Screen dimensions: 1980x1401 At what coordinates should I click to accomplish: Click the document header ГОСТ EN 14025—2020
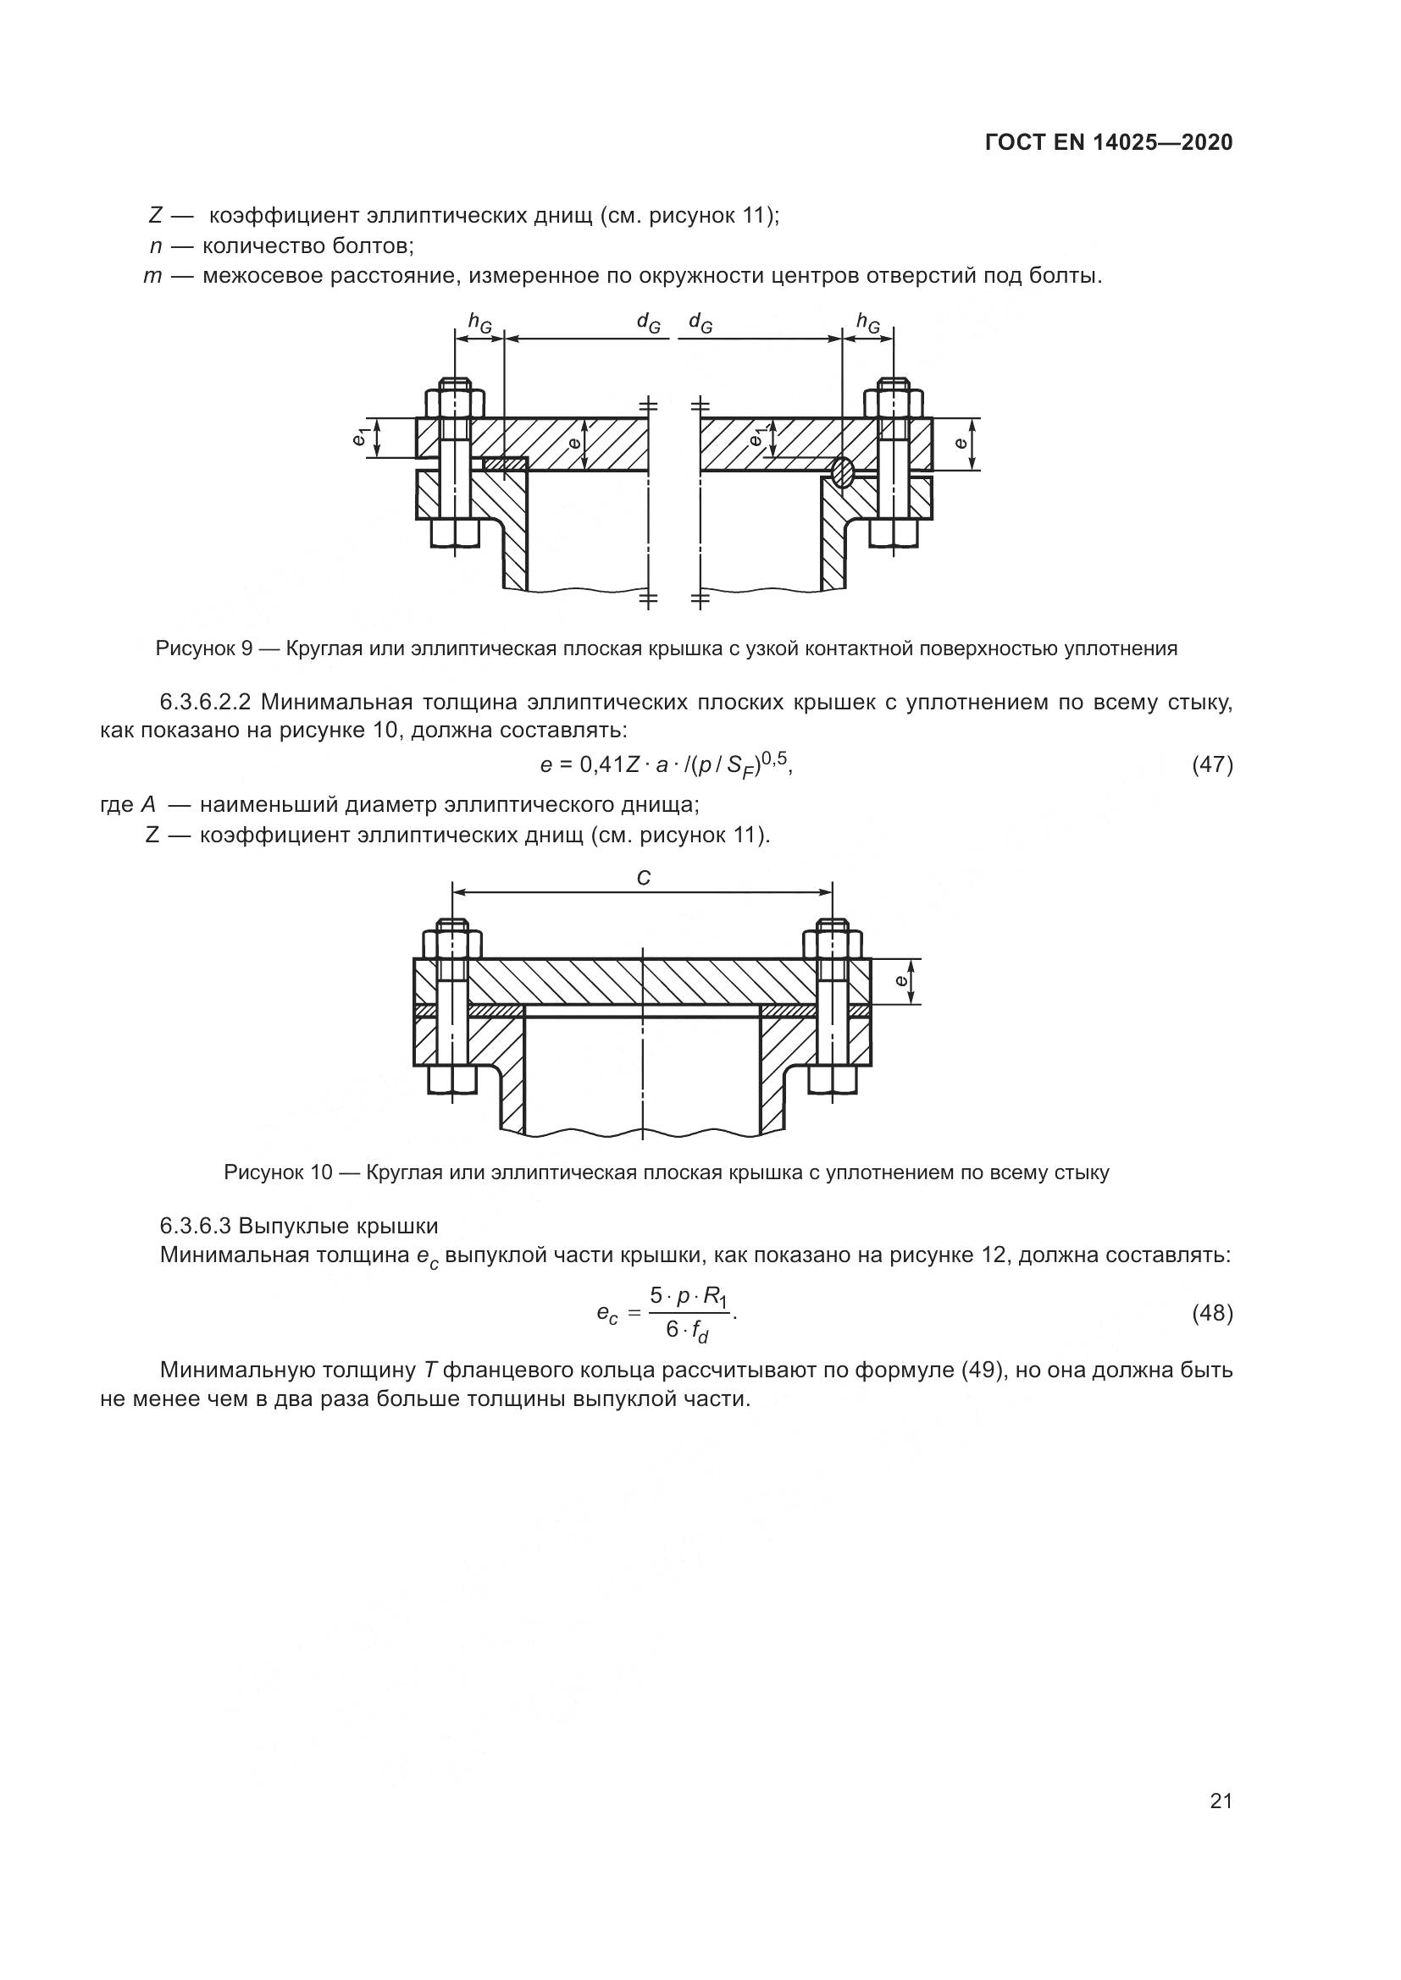pyautogui.click(x=1109, y=142)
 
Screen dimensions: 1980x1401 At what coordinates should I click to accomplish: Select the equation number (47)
pyautogui.click(x=1212, y=764)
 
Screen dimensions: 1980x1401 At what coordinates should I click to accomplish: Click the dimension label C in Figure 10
pyautogui.click(x=643, y=878)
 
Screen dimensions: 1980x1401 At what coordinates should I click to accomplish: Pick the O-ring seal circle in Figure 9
pyautogui.click(x=842, y=471)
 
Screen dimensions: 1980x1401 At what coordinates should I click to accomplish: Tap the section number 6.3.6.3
pyautogui.click(x=196, y=1226)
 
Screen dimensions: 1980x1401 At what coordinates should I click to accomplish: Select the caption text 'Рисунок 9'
pyautogui.click(x=202, y=648)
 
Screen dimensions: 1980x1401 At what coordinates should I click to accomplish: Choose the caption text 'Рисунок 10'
pyautogui.click(x=278, y=1172)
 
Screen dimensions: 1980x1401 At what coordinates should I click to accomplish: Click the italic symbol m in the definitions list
pyautogui.click(x=152, y=277)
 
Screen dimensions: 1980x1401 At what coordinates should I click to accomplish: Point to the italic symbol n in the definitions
pyautogui.click(x=155, y=246)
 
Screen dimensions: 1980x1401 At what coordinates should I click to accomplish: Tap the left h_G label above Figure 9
pyautogui.click(x=479, y=323)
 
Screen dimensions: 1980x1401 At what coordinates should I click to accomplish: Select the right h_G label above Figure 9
pyautogui.click(x=868, y=323)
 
